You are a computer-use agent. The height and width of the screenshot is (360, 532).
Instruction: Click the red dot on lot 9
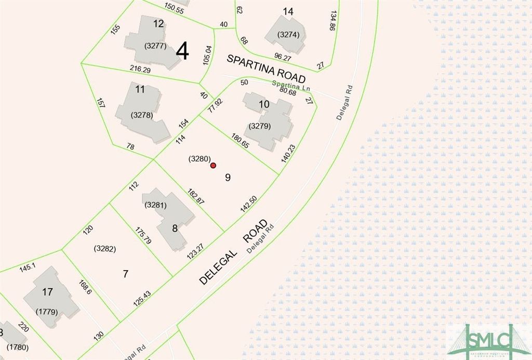(x=213, y=166)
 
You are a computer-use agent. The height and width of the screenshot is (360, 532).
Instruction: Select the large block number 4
(x=182, y=51)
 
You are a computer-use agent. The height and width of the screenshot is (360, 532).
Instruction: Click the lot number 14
(x=288, y=11)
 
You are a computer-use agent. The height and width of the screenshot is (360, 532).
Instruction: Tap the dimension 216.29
(x=140, y=70)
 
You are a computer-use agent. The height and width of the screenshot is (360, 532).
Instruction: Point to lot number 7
(x=125, y=274)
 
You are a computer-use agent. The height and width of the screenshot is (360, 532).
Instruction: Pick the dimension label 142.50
(x=249, y=204)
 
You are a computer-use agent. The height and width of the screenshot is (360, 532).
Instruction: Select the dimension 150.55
(x=174, y=8)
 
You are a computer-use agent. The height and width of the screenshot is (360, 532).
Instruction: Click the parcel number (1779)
(x=46, y=312)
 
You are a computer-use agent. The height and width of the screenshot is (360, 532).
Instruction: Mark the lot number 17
(x=47, y=292)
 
